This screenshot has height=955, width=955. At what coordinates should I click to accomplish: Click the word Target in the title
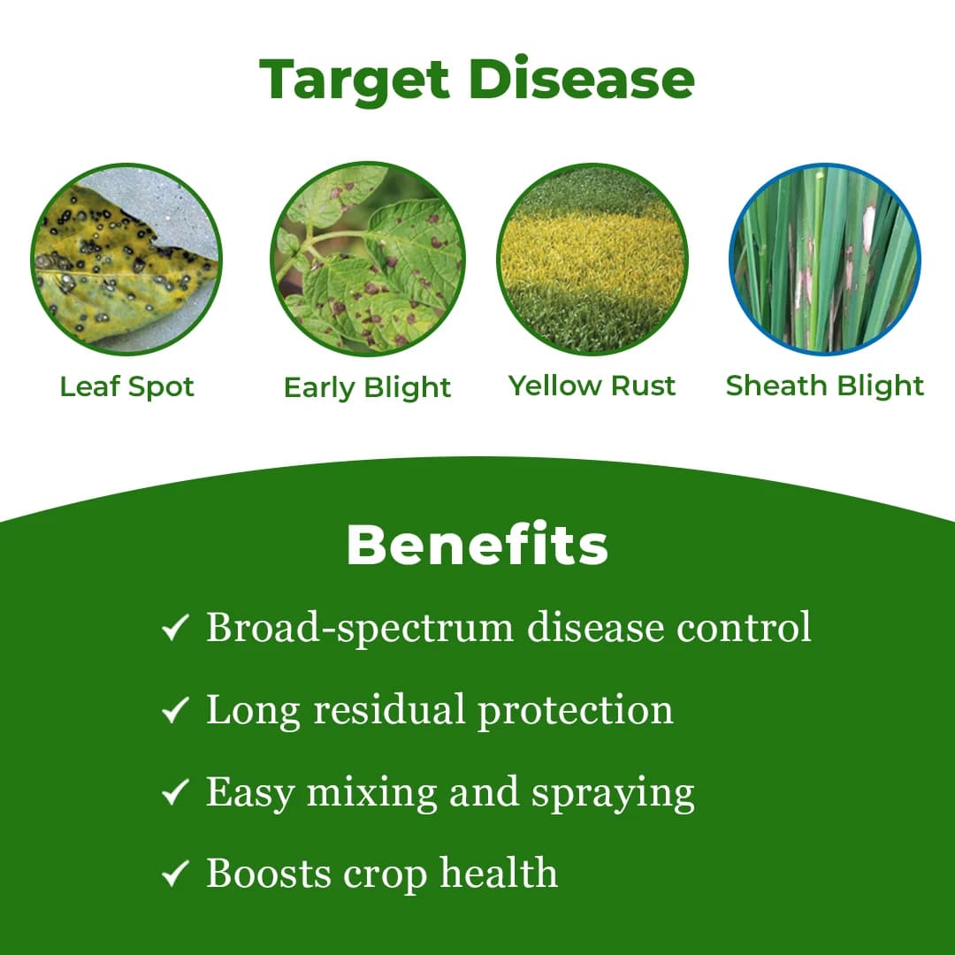pos(355,80)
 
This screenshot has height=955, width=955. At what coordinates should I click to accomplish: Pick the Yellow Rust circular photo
pos(592,260)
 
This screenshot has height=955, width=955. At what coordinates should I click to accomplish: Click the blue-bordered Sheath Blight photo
pos(825,260)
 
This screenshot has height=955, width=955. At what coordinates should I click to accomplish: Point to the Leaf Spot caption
pos(126,386)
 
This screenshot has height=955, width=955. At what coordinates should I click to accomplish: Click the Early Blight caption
pos(367,387)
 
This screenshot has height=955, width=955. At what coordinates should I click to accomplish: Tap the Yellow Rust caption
pos(592,386)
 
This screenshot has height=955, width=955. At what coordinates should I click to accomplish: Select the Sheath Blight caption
pos(824,386)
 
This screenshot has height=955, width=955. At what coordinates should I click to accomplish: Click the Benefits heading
pos(477,546)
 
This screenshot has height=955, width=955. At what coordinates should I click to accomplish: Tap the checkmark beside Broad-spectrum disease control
pos(176,630)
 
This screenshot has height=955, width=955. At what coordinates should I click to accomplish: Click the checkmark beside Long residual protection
pos(176,711)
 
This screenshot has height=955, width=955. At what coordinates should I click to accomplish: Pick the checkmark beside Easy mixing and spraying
pos(176,793)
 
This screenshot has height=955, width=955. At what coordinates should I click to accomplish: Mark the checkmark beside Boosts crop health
pos(176,875)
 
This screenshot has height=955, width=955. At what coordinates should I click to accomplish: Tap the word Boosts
pos(269,874)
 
